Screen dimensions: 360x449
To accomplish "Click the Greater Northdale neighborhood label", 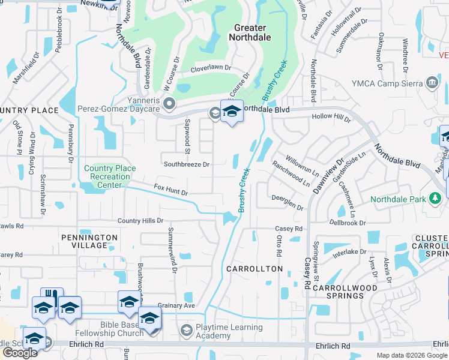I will point(250,32).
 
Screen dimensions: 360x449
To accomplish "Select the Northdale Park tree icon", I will point(435,199).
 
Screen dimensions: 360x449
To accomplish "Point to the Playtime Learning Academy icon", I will point(186,331).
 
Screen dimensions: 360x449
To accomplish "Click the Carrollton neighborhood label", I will point(255,269).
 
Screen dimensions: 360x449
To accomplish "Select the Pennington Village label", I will point(89,241).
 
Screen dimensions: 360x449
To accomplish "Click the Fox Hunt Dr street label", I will point(171,190).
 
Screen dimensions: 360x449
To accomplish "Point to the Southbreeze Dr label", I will point(187,164).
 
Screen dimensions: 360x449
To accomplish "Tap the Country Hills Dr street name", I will point(140,221).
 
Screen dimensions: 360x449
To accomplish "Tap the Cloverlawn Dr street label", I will point(211,68).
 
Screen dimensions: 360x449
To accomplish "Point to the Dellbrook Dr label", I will point(348,223).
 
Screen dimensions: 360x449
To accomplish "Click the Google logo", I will point(20,353).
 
